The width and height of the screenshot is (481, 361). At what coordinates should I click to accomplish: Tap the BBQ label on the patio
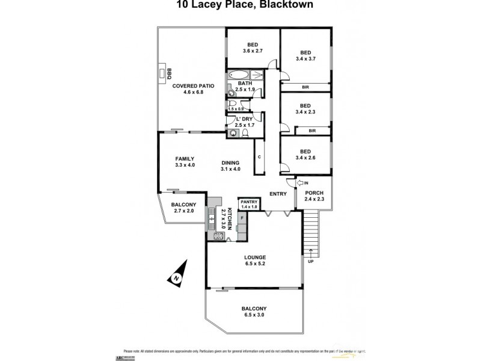pos(170,73)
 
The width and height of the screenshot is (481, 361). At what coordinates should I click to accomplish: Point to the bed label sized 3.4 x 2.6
pos(305,154)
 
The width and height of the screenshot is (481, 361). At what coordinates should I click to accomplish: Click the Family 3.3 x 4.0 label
pos(185,162)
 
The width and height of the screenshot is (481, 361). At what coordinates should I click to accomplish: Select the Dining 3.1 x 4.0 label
pos(230,165)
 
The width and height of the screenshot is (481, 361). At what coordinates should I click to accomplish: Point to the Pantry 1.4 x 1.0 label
pos(249,204)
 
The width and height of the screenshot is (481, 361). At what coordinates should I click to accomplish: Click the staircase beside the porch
pos(310,229)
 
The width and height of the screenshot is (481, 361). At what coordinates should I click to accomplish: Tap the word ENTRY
pos(277,193)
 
